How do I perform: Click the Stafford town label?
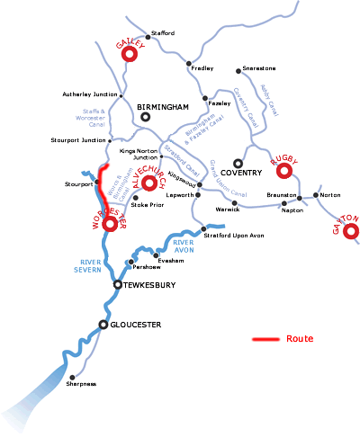coord(163,33)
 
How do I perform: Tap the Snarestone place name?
coord(258,68)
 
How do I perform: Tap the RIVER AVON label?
coord(184,246)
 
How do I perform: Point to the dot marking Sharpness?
coord(72,377)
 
